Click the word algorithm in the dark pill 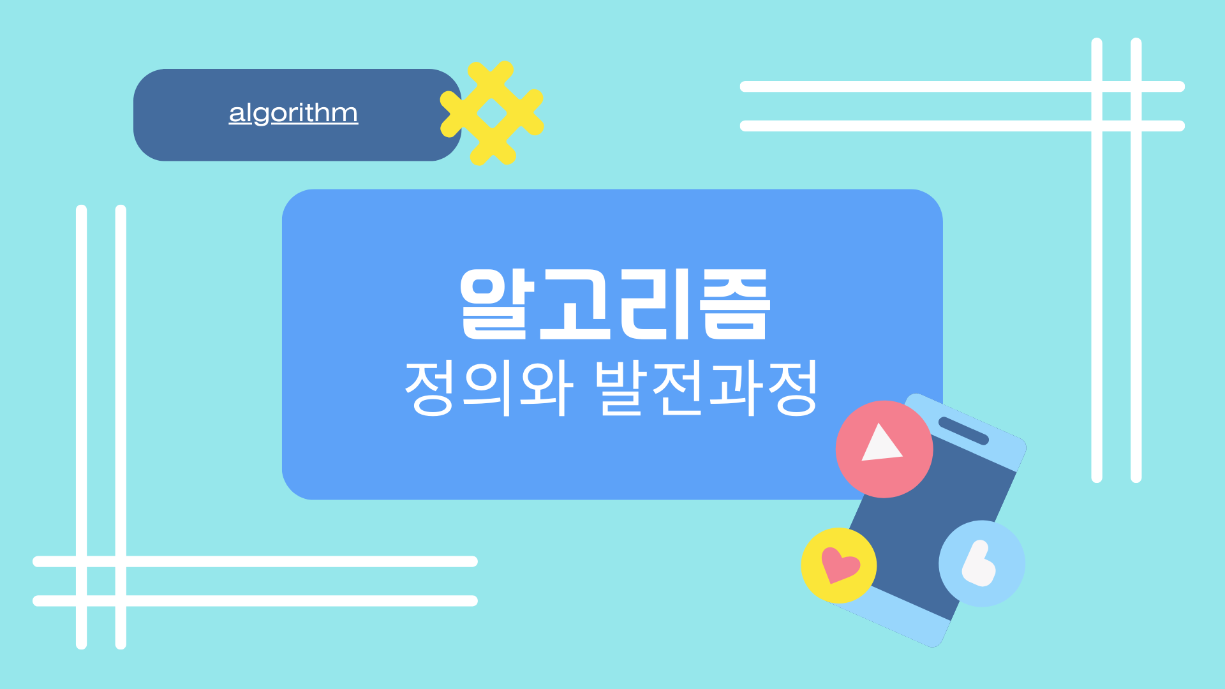pos(293,114)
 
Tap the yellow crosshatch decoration pos(492,113)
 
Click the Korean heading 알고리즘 pos(615,304)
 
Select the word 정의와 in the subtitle pos(489,388)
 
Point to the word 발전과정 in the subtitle pos(706,388)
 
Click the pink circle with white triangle pos(884,449)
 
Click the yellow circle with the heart pos(838,565)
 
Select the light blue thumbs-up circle pos(982,563)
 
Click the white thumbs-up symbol pos(979,564)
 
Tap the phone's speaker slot pos(963,431)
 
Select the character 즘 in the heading pos(735,304)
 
